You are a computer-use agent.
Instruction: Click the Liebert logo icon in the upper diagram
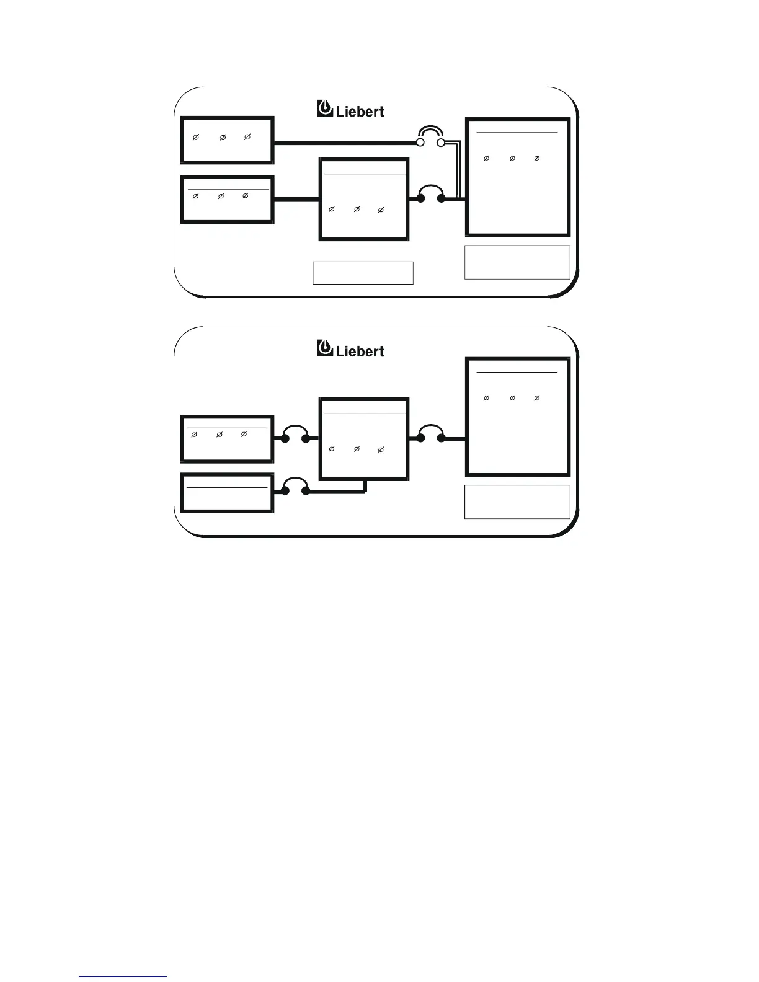click(325, 108)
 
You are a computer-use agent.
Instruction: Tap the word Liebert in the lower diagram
click(360, 351)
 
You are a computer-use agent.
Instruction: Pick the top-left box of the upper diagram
click(227, 139)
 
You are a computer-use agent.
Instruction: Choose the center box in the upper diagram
click(364, 199)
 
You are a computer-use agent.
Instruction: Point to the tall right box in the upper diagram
click(517, 177)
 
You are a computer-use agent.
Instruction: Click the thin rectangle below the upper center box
click(363, 273)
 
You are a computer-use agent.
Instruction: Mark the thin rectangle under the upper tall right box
click(517, 262)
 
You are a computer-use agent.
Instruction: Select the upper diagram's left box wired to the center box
click(227, 200)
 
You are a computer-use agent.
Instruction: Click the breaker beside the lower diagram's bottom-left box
click(295, 486)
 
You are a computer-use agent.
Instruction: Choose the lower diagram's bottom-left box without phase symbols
click(227, 493)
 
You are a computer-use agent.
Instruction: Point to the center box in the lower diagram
click(364, 439)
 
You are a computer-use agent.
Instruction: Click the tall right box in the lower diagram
click(517, 417)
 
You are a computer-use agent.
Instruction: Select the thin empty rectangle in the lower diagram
click(517, 502)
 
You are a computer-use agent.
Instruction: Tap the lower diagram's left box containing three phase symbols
click(227, 440)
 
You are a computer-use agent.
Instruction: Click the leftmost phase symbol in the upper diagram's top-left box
click(195, 137)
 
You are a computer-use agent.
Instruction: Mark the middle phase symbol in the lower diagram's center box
click(357, 449)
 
